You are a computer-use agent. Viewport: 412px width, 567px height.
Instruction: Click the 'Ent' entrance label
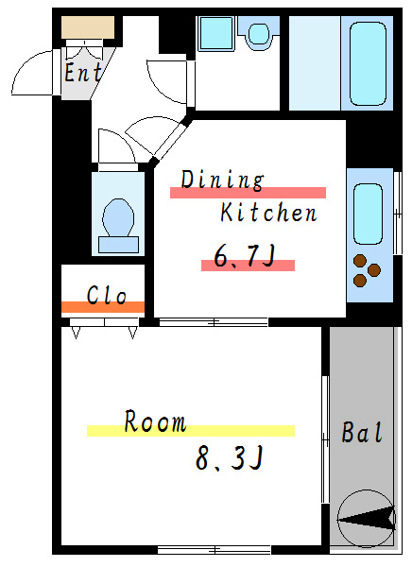(x=83, y=73)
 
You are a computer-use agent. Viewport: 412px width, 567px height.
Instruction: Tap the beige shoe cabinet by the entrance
(x=88, y=27)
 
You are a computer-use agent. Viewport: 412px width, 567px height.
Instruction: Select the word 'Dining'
(x=222, y=180)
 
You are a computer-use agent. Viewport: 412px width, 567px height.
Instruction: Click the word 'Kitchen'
(x=268, y=213)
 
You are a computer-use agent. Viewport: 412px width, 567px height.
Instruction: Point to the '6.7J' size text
(x=245, y=256)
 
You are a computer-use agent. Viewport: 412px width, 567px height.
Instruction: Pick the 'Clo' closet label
(x=107, y=295)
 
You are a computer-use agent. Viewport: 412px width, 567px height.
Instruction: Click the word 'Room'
(x=155, y=421)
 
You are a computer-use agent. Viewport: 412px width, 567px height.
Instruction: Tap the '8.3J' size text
(x=229, y=457)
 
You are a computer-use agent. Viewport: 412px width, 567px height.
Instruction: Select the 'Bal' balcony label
(x=362, y=432)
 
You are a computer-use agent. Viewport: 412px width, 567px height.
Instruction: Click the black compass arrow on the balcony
(x=367, y=519)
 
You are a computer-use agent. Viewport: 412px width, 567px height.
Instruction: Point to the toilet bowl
(x=118, y=218)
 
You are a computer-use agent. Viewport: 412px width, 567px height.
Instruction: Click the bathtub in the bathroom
(x=368, y=64)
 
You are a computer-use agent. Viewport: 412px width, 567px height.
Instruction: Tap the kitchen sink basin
(x=368, y=215)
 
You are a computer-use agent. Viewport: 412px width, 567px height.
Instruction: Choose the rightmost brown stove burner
(x=374, y=269)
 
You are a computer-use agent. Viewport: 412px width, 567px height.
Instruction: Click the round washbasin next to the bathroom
(x=259, y=34)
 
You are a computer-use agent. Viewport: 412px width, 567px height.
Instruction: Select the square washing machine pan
(x=216, y=33)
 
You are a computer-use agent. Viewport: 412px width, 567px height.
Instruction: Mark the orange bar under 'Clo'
(x=103, y=307)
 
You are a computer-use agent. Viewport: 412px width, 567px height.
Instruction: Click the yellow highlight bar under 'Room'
(x=191, y=431)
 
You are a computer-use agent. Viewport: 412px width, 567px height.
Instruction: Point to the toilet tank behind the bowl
(x=119, y=245)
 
